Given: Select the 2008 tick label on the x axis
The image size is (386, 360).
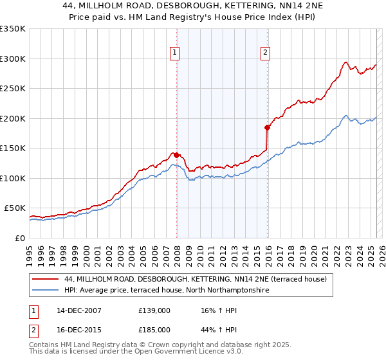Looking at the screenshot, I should (177, 251).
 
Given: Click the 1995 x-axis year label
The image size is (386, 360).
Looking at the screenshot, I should (29, 251).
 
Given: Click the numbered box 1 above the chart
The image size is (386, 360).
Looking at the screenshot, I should (174, 53).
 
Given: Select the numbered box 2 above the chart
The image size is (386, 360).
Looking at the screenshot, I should (265, 53).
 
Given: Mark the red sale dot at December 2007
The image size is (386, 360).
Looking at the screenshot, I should (176, 155).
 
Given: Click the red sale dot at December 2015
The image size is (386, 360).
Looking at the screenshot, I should (267, 127).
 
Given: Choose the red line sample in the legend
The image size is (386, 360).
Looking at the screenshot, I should (46, 280).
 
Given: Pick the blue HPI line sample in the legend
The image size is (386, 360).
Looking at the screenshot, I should (46, 291).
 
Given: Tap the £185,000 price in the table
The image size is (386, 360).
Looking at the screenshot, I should (154, 329).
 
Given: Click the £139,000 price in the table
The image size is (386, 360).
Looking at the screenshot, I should (154, 310).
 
